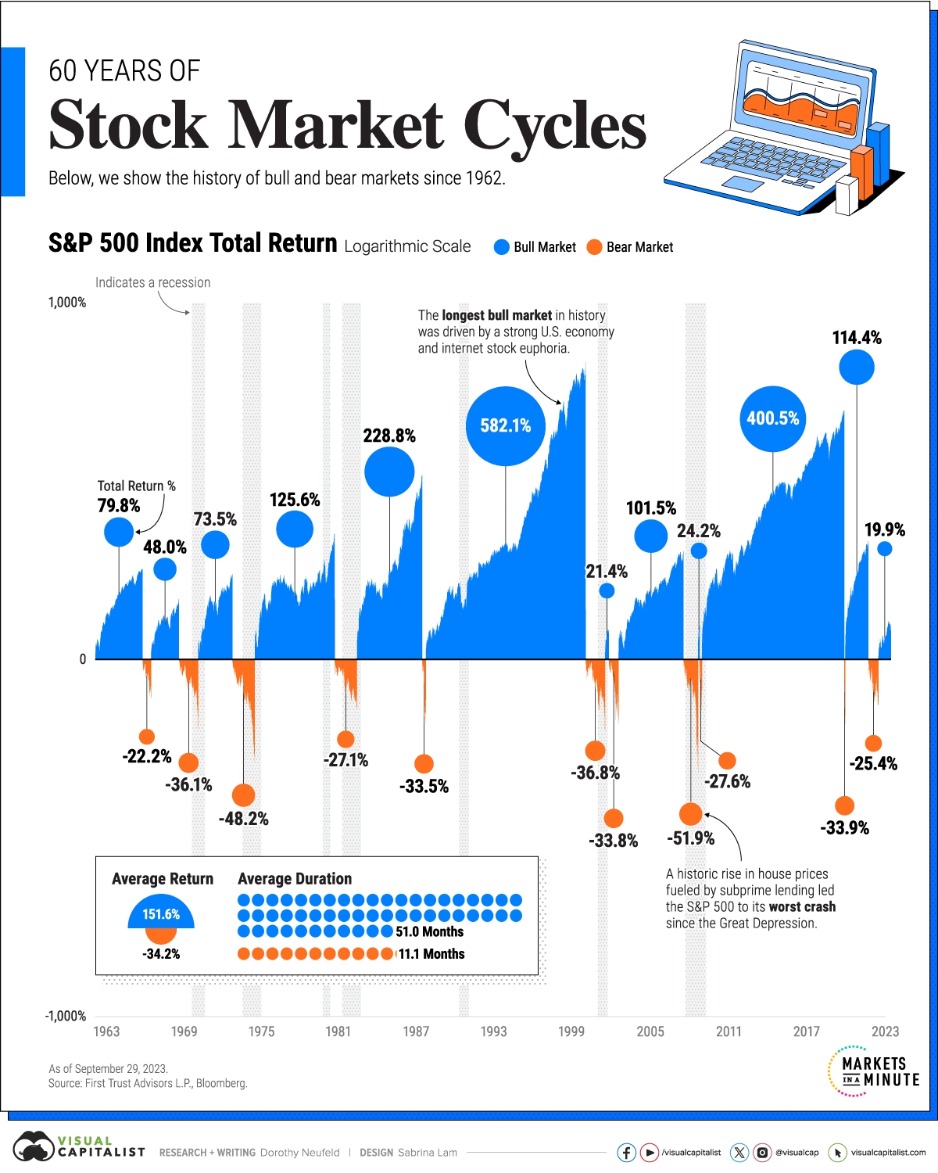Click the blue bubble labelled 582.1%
[x=505, y=425]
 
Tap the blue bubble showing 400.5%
[x=772, y=418]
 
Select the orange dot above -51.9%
[x=690, y=814]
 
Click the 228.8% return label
[x=389, y=436]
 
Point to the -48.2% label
[x=243, y=819]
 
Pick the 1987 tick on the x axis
[x=416, y=1031]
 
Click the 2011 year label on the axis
[x=729, y=1031]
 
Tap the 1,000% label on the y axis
[x=67, y=303]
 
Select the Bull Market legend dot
[x=502, y=247]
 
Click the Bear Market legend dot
[x=595, y=247]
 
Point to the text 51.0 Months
[x=429, y=932]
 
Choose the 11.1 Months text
[x=431, y=954]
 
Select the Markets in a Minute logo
[x=874, y=1071]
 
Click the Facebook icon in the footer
[x=626, y=1153]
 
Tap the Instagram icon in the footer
[x=762, y=1153]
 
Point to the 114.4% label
[x=857, y=338]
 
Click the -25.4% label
[x=873, y=764]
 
